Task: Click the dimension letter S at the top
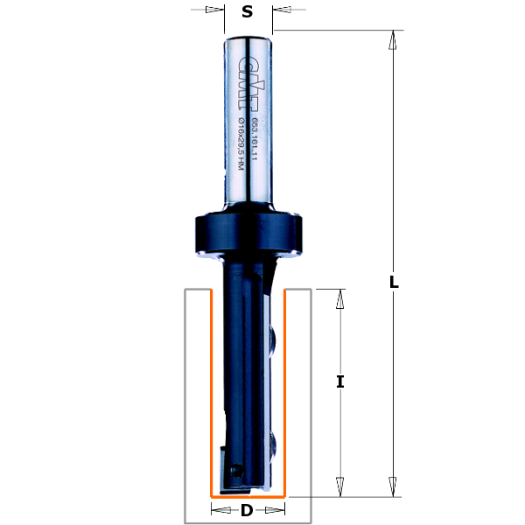[x=248, y=11]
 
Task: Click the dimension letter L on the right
[x=394, y=282]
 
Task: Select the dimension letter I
[x=340, y=381]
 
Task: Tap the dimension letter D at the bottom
[x=248, y=510]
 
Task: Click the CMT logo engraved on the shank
[x=243, y=77]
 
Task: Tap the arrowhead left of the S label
[x=213, y=10]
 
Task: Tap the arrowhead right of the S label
[x=282, y=10]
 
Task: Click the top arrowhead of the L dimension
[x=394, y=39]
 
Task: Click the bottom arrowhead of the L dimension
[x=394, y=486]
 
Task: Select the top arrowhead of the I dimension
[x=340, y=298]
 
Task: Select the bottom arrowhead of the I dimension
[x=340, y=486]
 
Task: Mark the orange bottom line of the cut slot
[x=248, y=496]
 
